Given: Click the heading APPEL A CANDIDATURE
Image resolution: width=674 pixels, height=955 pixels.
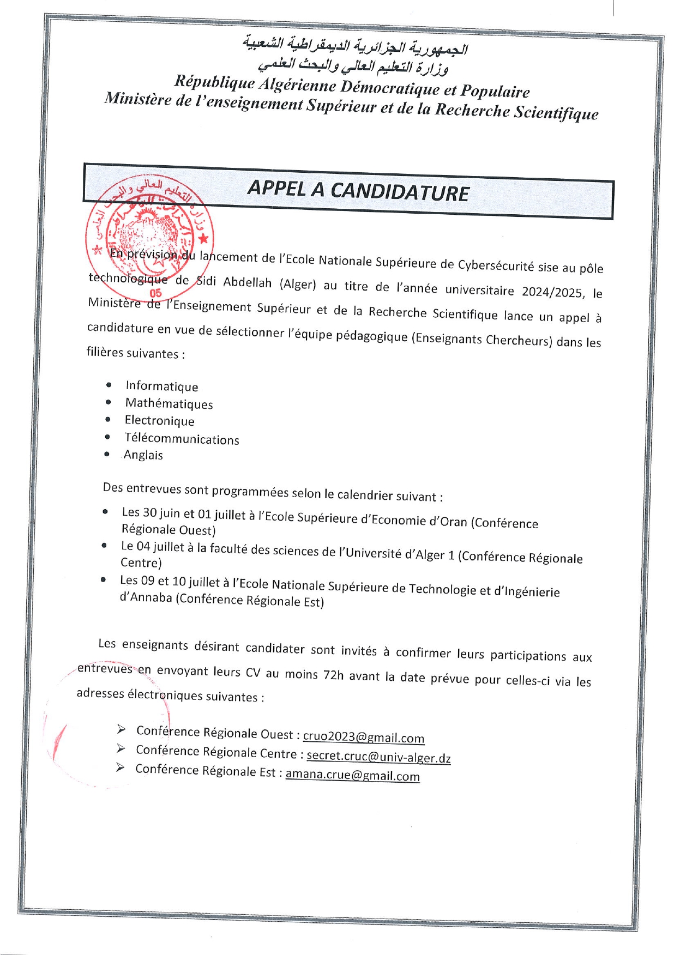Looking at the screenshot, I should [358, 191].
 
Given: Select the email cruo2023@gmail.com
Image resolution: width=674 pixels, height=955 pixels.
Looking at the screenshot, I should [363, 738].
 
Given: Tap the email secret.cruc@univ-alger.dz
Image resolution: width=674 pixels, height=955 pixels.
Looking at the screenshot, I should [378, 757].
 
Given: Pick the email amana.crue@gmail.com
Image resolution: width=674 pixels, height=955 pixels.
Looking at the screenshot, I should [352, 775].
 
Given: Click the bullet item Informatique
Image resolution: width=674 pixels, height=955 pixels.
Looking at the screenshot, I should [162, 386].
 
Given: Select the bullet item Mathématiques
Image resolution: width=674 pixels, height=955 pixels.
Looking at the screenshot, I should [169, 403].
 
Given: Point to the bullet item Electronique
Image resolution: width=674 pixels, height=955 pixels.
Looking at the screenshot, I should [159, 420].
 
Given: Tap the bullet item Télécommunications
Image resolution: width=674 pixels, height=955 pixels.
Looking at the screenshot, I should [182, 439].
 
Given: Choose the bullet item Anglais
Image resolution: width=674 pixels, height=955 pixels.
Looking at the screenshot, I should [143, 455].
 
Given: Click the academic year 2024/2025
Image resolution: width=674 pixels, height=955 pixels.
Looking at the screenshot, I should [552, 292].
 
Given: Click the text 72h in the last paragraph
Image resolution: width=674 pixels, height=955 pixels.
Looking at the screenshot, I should [333, 675].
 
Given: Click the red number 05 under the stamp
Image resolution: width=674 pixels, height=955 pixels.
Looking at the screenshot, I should [155, 293].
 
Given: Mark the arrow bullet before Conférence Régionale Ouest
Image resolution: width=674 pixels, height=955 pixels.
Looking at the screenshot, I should [121, 729].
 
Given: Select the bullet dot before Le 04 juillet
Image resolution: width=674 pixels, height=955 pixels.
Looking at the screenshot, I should [104, 545].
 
